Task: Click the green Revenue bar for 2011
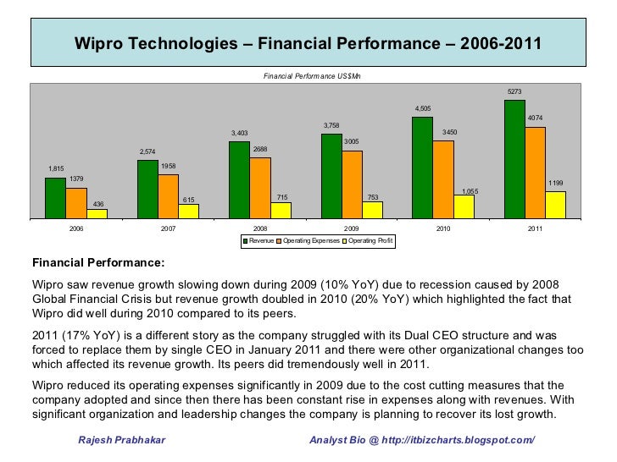[514, 159]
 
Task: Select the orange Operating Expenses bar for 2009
[352, 184]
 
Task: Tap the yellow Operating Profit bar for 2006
[97, 213]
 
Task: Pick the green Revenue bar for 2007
[147, 189]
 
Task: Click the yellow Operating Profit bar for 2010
[464, 206]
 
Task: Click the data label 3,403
[240, 133]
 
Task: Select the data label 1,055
[470, 191]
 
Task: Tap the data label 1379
[76, 179]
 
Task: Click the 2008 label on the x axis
[260, 228]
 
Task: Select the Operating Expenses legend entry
[309, 242]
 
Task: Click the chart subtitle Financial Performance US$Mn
[312, 76]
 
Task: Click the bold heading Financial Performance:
[97, 262]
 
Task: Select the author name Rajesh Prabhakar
[122, 441]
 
